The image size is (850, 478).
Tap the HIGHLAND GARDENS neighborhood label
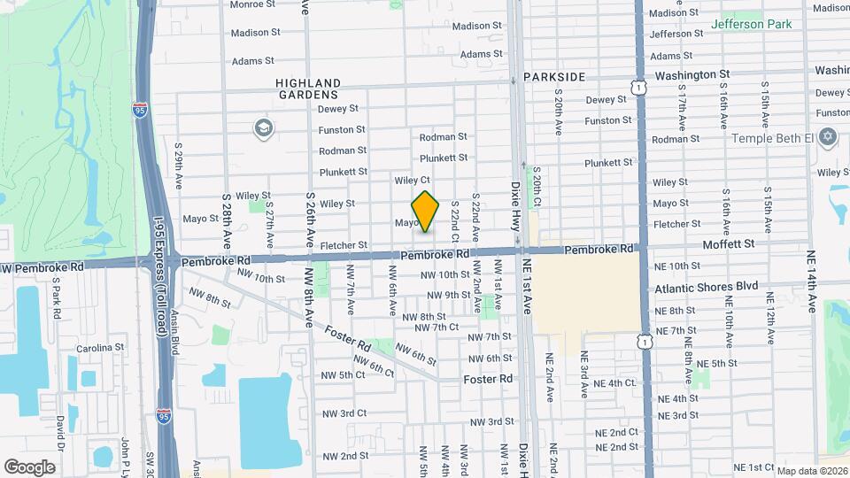pos(308,88)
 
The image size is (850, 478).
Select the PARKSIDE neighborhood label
pos(554,77)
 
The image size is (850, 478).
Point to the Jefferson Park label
pos(752,24)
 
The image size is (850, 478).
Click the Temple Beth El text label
pos(772,139)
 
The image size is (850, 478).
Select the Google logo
pos(29,466)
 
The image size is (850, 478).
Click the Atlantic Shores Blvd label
pos(707,287)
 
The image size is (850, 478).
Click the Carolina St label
pos(97,348)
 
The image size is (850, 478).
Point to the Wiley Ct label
pos(412,180)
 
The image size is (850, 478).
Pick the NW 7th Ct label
pos(440,328)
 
